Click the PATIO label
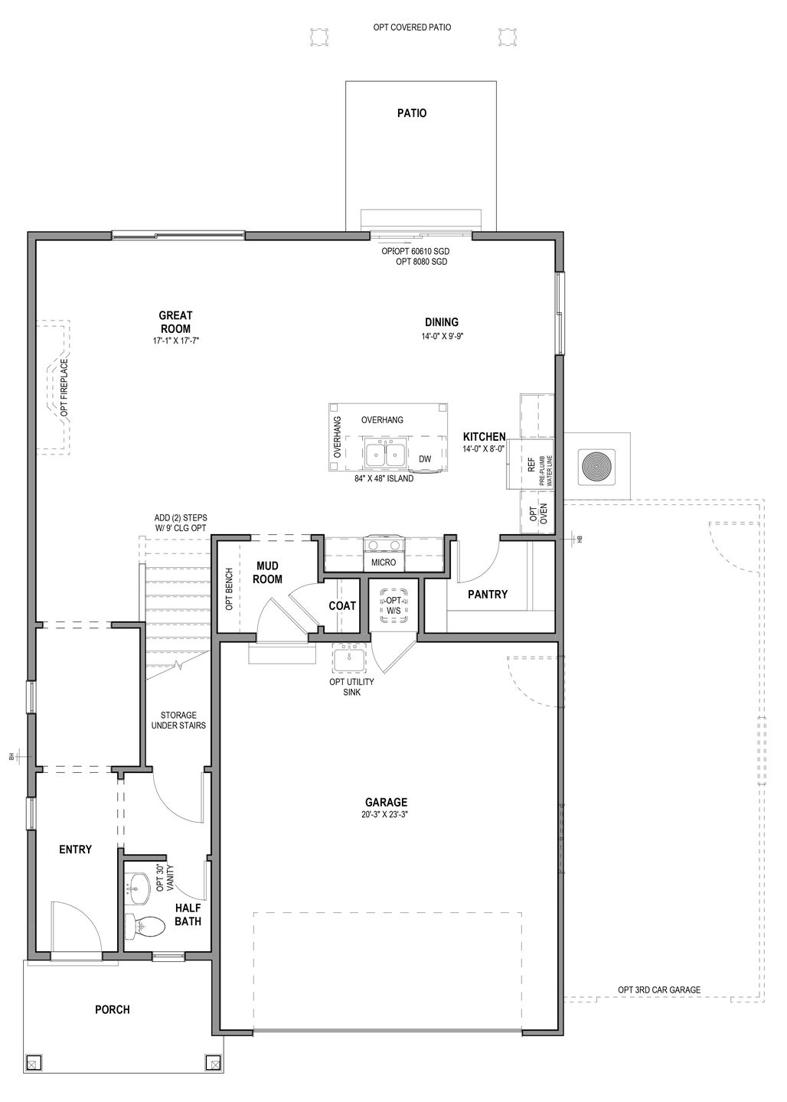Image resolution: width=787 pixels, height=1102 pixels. click(x=412, y=113)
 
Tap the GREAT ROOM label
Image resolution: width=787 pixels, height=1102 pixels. click(x=175, y=322)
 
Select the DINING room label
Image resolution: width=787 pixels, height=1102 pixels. click(x=442, y=322)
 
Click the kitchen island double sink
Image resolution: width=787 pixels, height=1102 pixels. click(x=385, y=454)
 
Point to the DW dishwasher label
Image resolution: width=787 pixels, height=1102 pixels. click(x=425, y=459)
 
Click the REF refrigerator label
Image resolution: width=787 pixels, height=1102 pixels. click(x=531, y=464)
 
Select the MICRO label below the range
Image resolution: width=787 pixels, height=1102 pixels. click(x=384, y=562)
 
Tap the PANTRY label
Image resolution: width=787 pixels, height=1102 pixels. click(x=488, y=594)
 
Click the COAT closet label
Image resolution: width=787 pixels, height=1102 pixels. click(x=342, y=605)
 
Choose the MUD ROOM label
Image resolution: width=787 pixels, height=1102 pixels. click(x=268, y=572)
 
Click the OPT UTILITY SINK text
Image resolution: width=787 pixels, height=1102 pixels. click(x=347, y=686)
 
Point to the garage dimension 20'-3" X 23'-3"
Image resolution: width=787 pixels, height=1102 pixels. click(x=386, y=815)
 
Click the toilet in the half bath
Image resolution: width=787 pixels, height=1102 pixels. click(x=145, y=927)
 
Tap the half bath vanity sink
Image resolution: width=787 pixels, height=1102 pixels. click(x=139, y=887)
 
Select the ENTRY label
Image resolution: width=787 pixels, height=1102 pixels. click(x=75, y=849)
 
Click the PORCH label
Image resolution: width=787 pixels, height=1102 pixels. click(x=112, y=1009)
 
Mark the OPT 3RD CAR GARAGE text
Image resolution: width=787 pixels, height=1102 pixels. click(x=659, y=990)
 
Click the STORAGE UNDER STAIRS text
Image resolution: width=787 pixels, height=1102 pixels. click(x=178, y=720)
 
